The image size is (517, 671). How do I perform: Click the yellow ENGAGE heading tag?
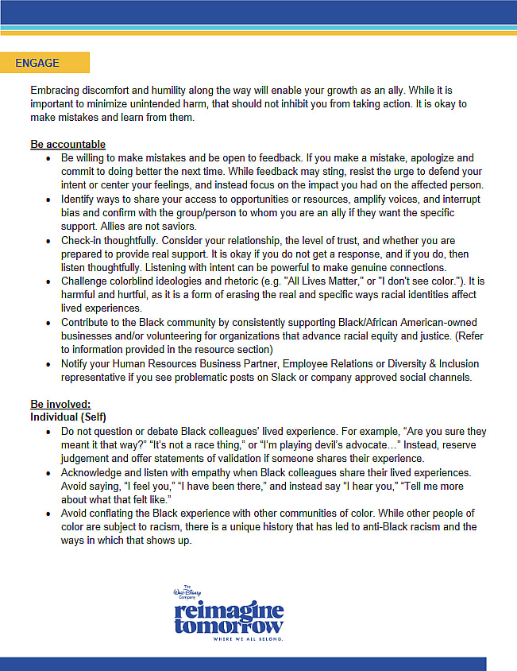coord(44,63)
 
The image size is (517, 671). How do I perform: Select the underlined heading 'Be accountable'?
coord(68,144)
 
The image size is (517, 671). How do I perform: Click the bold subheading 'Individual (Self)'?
coord(68,417)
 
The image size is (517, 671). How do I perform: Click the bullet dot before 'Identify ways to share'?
coord(50,199)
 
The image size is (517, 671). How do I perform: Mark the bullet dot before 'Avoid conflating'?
coord(50,514)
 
